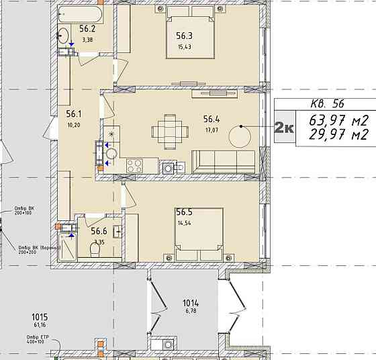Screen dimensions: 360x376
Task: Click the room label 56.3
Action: (x=185, y=36)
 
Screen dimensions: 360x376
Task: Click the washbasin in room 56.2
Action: (x=64, y=36)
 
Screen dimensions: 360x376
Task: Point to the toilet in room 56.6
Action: (x=95, y=250)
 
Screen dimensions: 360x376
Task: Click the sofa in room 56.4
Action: (x=224, y=162)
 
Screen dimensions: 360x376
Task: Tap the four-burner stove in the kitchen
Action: (x=134, y=165)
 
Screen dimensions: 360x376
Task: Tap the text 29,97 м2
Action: (x=340, y=135)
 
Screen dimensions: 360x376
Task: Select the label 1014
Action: (x=191, y=303)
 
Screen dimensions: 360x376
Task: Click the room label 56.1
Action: (x=73, y=114)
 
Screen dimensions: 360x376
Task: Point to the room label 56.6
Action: (x=99, y=230)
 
